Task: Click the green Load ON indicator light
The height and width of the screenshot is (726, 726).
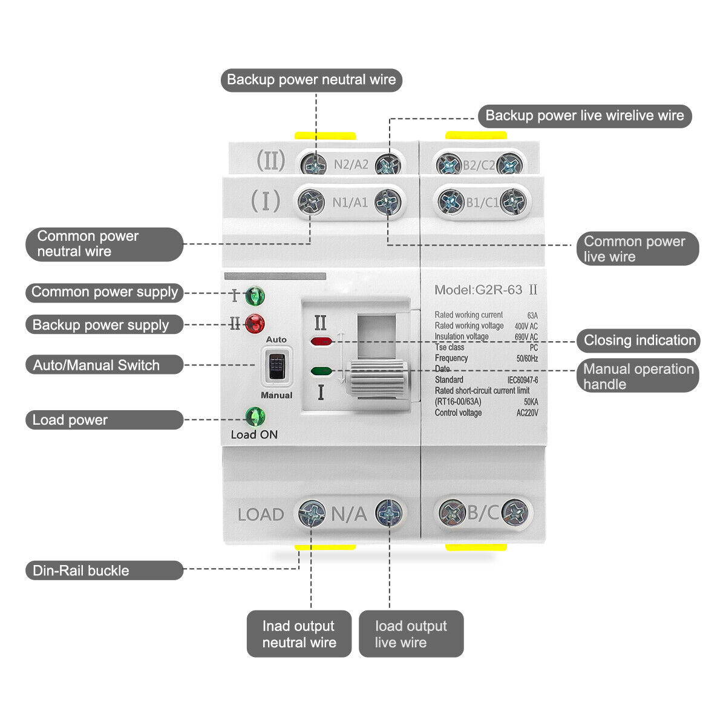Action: tap(255, 416)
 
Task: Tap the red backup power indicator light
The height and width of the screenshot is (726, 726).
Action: tap(255, 324)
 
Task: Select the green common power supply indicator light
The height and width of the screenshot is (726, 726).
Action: tap(255, 296)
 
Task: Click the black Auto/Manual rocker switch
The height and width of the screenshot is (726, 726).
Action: tap(276, 365)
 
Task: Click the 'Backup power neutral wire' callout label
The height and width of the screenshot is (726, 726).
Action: tap(311, 80)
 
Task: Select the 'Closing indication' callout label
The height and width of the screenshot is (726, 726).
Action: tap(639, 340)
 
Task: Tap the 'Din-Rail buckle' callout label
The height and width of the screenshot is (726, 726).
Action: tap(104, 571)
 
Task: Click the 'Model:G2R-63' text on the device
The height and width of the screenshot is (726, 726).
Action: tap(478, 290)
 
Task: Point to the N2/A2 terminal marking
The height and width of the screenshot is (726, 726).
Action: tap(351, 165)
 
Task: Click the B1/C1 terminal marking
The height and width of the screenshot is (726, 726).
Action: tap(482, 202)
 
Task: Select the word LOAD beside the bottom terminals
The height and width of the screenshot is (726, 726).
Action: tap(261, 515)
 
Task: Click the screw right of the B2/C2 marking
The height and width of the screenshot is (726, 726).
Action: tap(510, 165)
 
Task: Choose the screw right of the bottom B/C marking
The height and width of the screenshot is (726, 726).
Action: tap(515, 513)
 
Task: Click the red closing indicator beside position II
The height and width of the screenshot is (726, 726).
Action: tap(321, 341)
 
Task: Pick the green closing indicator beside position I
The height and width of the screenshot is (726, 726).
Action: tap(321, 371)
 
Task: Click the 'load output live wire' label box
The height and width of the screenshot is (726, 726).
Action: tap(411, 633)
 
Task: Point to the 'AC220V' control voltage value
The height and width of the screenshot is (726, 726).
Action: tap(526, 413)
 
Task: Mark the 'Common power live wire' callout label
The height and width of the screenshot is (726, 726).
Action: tap(638, 249)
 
